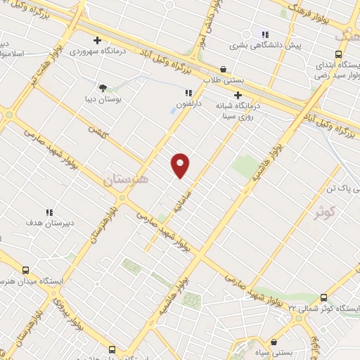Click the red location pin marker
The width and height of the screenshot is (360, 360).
181,165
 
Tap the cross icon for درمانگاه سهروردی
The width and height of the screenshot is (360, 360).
97,40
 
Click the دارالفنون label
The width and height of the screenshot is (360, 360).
188,103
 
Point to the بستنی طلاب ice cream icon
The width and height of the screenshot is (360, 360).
224,70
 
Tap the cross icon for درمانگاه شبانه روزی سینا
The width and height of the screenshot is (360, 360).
238,96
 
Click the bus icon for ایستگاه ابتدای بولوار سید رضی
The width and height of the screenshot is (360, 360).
338,54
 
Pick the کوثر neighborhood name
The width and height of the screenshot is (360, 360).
324,211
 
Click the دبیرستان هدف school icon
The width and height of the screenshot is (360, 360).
49,212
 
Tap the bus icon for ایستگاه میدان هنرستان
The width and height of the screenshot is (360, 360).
26,271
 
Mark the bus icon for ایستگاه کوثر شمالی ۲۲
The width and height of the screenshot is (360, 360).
323,297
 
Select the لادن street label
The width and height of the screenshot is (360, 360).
94,131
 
